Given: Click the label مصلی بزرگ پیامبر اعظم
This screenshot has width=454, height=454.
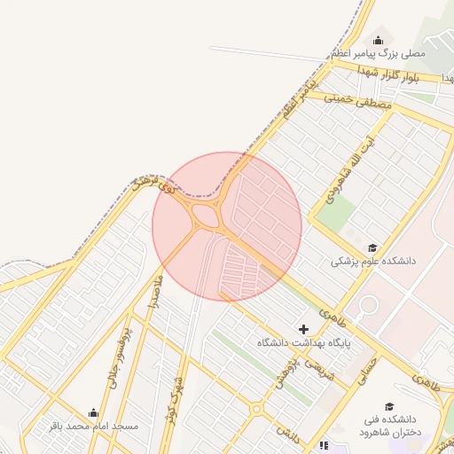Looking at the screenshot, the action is [379, 54].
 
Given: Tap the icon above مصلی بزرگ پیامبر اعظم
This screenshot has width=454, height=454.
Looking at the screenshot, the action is [379, 40].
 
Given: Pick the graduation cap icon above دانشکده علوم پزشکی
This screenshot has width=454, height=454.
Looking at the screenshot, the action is [373, 247].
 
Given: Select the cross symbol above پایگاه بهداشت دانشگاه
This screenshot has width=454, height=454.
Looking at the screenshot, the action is [303, 328].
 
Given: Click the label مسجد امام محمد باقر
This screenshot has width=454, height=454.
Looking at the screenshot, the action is [94, 427].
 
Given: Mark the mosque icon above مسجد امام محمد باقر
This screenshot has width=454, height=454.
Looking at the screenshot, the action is [94, 412].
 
